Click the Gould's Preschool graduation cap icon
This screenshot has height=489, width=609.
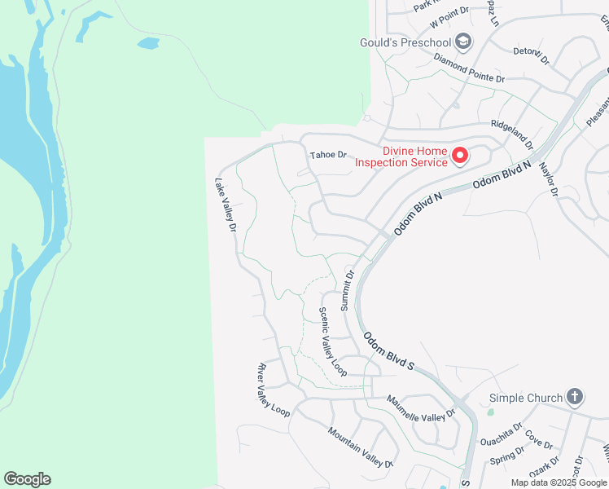(462, 42)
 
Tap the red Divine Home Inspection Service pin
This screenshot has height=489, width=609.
(459, 154)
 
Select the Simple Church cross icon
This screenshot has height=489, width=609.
(575, 397)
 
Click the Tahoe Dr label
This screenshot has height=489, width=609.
(328, 155)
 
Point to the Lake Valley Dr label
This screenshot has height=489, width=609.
(226, 205)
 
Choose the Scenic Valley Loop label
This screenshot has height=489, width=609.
(333, 341)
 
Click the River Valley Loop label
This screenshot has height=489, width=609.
(274, 390)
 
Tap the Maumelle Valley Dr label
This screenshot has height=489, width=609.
(421, 408)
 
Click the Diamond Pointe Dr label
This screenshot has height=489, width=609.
(470, 68)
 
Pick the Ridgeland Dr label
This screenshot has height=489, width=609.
(511, 134)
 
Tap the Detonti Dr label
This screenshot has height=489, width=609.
(532, 55)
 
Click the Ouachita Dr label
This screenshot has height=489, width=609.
(501, 435)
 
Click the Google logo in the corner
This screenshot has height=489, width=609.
(27, 479)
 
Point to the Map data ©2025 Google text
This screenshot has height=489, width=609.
(559, 482)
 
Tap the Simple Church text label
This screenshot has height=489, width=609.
(526, 398)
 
